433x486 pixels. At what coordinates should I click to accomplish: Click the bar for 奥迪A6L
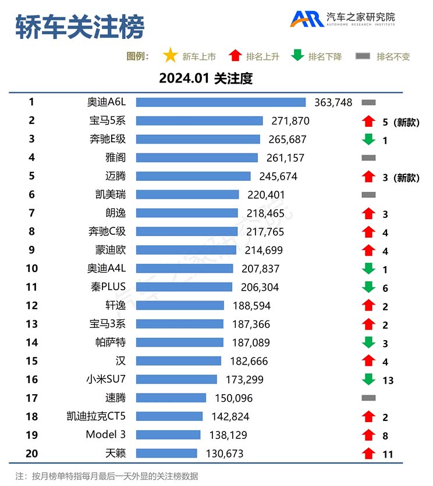[x=221, y=102]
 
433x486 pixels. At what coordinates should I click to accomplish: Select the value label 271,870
[x=290, y=121]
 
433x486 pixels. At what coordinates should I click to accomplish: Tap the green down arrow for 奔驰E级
[x=367, y=140]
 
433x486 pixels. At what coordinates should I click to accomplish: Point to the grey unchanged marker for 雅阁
[x=368, y=158]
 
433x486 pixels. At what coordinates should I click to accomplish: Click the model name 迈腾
[x=116, y=176]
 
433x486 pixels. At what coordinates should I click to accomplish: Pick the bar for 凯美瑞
[x=187, y=195]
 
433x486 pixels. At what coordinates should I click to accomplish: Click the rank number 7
[x=31, y=213]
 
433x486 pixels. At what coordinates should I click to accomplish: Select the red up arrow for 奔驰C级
[x=367, y=232]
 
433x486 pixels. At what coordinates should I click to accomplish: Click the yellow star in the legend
[x=171, y=56]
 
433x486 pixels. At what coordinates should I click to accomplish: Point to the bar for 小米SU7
[x=176, y=380]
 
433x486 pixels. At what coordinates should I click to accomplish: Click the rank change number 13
[x=388, y=381]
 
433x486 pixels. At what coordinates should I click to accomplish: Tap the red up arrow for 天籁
[x=367, y=453]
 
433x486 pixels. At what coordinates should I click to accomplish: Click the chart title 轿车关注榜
[x=79, y=27]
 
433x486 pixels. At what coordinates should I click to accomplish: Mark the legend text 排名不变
[x=393, y=57]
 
